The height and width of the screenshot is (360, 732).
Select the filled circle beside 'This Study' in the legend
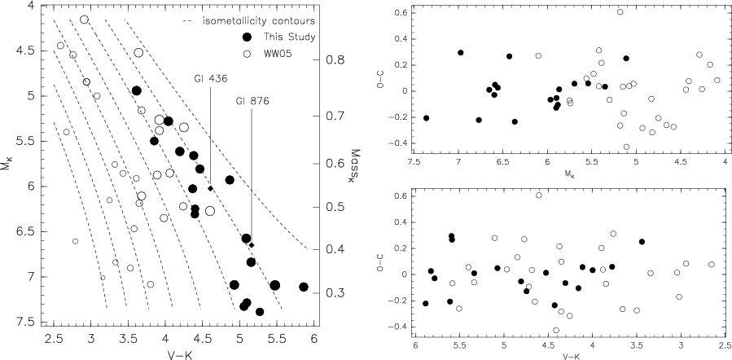click(248, 37)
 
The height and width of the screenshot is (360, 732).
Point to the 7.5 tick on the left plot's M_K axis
click(30, 322)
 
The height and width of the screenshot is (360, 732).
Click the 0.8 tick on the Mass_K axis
click(334, 60)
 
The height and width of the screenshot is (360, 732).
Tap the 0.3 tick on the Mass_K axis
click(334, 292)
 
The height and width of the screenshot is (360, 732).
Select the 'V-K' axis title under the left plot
click(183, 352)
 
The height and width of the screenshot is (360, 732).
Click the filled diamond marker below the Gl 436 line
click(210, 189)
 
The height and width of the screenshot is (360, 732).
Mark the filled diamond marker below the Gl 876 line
click(252, 245)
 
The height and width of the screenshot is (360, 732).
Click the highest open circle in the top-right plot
click(620, 12)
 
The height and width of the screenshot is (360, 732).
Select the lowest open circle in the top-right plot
click(626, 147)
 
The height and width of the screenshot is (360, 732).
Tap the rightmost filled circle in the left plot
click(304, 287)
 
